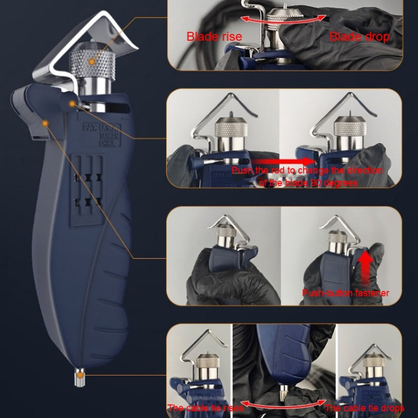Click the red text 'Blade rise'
214,37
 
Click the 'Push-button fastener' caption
346,293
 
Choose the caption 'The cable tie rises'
205,408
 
